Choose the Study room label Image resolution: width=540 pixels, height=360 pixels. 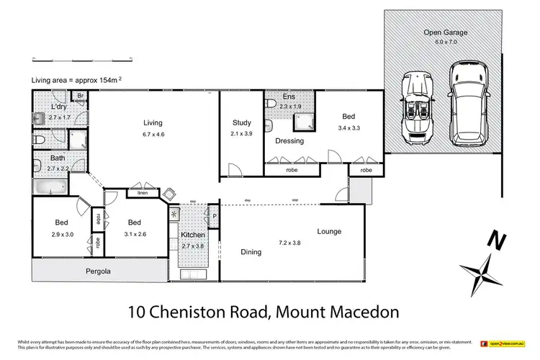[241, 122]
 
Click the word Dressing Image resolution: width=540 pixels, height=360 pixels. [289, 141]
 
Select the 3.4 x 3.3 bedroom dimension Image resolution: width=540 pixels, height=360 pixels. [348, 127]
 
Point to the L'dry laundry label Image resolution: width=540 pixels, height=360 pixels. [60, 107]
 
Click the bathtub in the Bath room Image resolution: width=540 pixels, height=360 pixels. [50, 187]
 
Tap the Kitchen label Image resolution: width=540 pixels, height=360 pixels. [193, 236]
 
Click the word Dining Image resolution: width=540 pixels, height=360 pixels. [251, 252]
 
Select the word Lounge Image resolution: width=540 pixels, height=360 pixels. [329, 231]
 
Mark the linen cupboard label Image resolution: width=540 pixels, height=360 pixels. [142, 192]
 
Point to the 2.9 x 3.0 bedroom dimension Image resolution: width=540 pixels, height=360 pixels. [63, 234]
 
